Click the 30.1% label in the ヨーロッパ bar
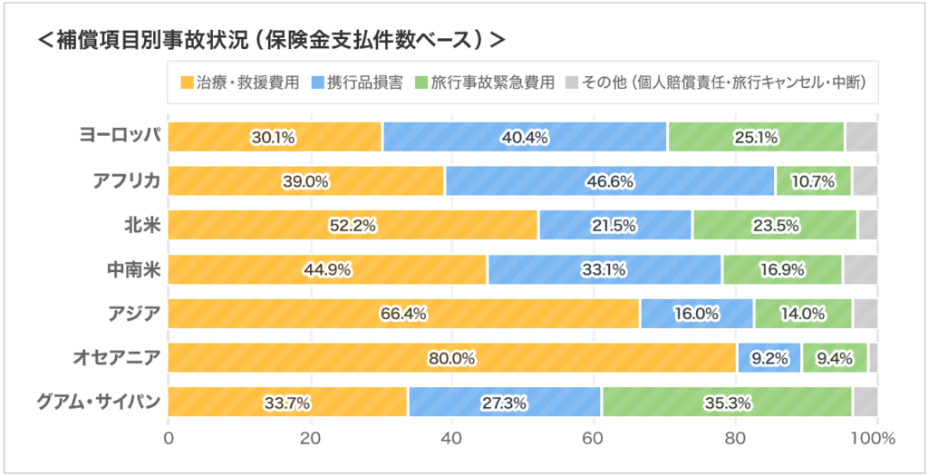(273, 137)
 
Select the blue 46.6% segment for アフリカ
(609, 181)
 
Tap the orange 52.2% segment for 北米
(353, 226)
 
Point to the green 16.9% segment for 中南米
(781, 270)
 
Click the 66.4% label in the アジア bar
(403, 315)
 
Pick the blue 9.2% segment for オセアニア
(768, 358)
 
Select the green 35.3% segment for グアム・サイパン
(726, 403)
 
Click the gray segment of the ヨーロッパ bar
(861, 137)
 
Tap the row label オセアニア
(116, 358)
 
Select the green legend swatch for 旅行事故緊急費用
(420, 83)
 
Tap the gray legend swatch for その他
(571, 83)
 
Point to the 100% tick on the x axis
(872, 439)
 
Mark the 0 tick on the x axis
(169, 439)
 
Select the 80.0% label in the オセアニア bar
(451, 358)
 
